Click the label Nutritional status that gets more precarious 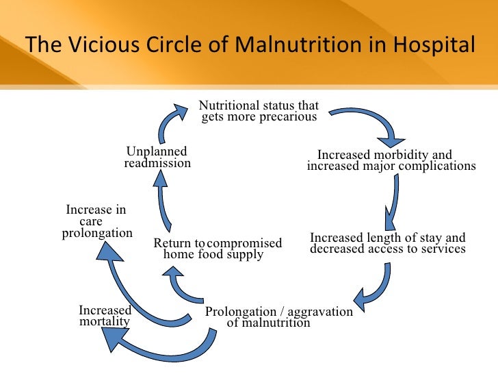pos(259,111)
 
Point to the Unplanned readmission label pos(157,157)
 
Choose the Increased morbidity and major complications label pos(391,160)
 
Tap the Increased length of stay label pos(387,243)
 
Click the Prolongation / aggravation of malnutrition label pos(278,317)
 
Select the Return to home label pos(179,249)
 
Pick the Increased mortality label pos(105,316)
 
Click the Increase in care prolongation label pos(96,221)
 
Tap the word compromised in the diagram pos(244,243)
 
